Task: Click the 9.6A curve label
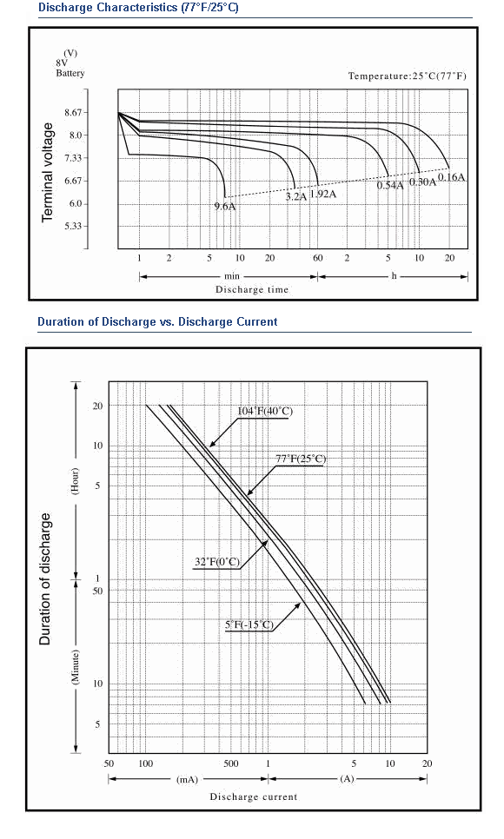[225, 207]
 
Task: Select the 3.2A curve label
[295, 196]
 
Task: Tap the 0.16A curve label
[452, 177]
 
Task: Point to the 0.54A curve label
[390, 186]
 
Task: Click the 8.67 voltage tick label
[73, 112]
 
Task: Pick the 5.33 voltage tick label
[73, 226]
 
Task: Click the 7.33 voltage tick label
[73, 158]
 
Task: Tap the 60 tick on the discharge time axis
[318, 258]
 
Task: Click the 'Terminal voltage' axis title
[48, 172]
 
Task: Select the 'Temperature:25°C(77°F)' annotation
[407, 76]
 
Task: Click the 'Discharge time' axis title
[252, 289]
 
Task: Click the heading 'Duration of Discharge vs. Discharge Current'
[157, 321]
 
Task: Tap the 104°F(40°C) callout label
[266, 411]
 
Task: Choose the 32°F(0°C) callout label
[217, 562]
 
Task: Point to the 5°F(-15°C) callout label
[249, 625]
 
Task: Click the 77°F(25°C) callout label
[301, 459]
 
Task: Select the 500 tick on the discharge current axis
[231, 763]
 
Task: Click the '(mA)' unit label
[187, 780]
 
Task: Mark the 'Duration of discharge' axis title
[45, 579]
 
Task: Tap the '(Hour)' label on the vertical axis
[75, 481]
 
